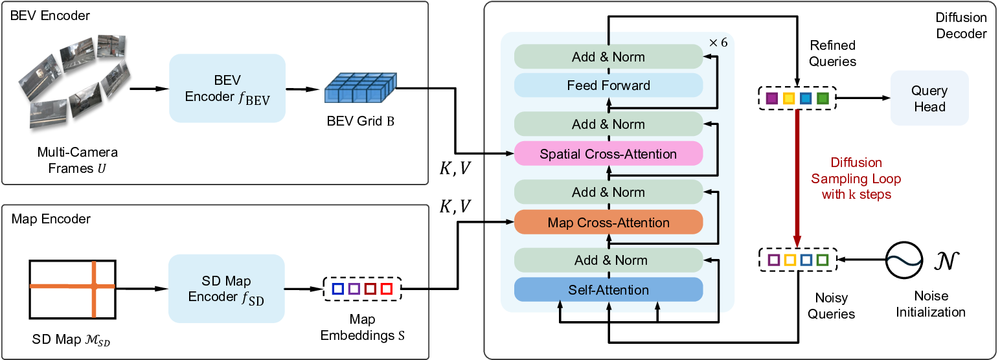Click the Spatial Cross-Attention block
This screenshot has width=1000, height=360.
(x=608, y=154)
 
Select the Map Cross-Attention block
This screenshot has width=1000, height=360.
(x=608, y=222)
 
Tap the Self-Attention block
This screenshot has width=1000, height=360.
(x=608, y=290)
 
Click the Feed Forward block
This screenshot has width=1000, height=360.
(x=608, y=85)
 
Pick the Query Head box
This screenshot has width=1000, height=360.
(x=929, y=98)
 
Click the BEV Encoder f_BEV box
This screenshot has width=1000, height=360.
(x=227, y=89)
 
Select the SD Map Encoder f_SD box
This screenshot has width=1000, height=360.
(x=227, y=289)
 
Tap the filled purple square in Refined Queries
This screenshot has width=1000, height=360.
(x=771, y=99)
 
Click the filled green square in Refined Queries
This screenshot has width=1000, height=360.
(x=822, y=99)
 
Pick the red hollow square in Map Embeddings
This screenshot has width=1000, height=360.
(x=386, y=288)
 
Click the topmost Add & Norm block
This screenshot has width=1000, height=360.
(x=608, y=57)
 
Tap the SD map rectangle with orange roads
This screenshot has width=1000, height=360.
(x=72, y=289)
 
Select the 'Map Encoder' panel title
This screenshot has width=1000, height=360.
(x=51, y=219)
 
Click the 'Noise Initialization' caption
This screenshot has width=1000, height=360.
(x=930, y=305)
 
